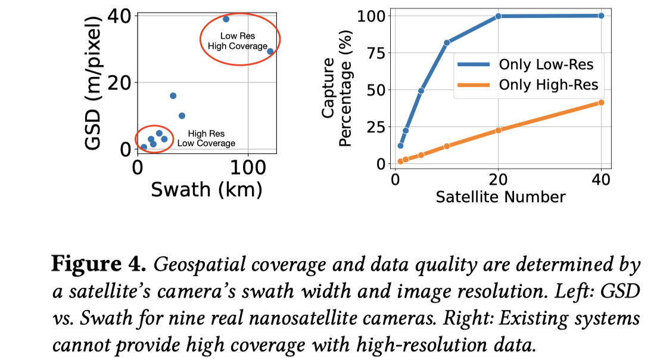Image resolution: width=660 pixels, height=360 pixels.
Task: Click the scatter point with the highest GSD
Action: (x=226, y=19)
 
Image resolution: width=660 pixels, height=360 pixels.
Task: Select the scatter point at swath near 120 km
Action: (x=270, y=51)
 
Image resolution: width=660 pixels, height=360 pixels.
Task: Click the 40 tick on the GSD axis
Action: (x=120, y=16)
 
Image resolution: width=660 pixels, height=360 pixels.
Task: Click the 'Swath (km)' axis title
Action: (x=206, y=189)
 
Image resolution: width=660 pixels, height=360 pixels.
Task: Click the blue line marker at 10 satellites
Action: (x=446, y=42)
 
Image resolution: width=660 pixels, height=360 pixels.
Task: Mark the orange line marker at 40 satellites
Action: (x=600, y=103)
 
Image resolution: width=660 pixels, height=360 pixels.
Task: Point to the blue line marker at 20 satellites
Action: (x=498, y=16)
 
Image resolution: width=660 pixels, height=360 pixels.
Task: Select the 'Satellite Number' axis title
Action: (x=500, y=197)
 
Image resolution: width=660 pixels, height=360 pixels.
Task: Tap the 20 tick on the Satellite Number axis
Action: (x=498, y=179)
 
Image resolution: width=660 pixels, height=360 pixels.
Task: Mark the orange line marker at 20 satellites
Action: (x=498, y=130)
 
